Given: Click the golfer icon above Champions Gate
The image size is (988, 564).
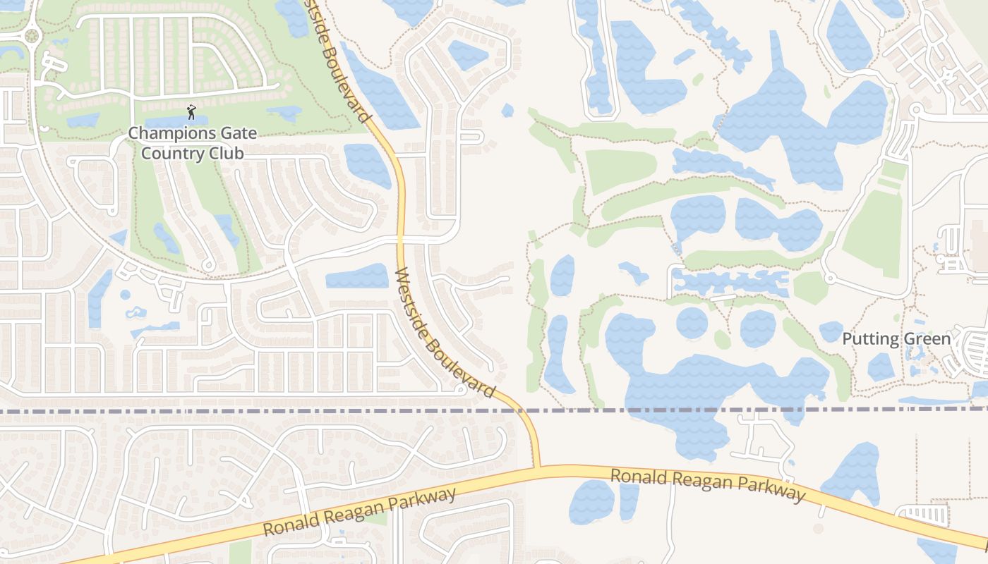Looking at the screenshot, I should coord(191,111).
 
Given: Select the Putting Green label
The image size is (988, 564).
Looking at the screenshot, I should coord(896,339).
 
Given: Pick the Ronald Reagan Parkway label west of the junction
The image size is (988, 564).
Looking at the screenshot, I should coord(360,513).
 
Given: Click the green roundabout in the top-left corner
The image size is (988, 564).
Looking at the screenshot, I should coord(31,35).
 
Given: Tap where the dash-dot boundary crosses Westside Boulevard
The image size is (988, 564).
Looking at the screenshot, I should coord(524,410).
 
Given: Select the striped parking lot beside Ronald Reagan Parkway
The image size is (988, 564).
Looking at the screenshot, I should coord(926,515).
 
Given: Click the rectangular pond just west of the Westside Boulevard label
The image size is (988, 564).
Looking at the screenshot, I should coord(357,276).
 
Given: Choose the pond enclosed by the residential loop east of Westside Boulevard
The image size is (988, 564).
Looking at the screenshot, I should coord(468,54).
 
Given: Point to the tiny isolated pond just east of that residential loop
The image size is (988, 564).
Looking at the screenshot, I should coord(507,110).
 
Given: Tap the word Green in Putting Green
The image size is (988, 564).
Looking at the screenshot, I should coord(928,339).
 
